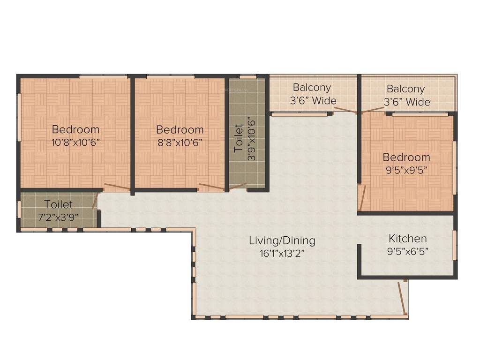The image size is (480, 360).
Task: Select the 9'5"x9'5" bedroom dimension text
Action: (x=406, y=170)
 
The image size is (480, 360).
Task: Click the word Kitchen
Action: (x=407, y=239)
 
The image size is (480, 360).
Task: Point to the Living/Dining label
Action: (x=282, y=241)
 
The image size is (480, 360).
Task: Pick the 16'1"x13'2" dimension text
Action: (x=282, y=254)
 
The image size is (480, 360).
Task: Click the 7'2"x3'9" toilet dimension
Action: (x=59, y=217)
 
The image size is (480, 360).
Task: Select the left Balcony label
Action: (x=312, y=87)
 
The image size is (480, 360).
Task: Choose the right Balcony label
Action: (x=405, y=89)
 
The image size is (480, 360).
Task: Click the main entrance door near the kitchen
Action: (x=402, y=298)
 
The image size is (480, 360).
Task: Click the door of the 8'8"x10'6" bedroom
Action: (x=211, y=187)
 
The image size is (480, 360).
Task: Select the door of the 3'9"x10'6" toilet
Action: (x=238, y=187)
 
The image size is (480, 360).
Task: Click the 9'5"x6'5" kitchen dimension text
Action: (x=407, y=251)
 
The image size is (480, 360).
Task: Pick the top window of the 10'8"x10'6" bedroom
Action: (x=103, y=76)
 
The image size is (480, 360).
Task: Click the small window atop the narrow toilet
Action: (x=247, y=76)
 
